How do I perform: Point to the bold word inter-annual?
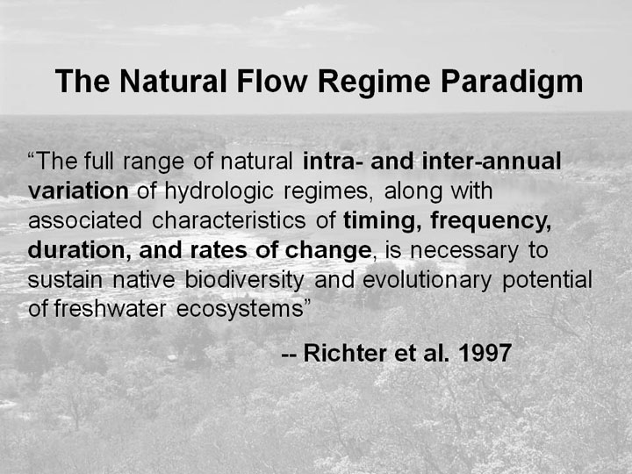(492, 161)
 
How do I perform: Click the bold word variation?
(78, 190)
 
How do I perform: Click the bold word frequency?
(491, 221)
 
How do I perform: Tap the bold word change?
(327, 251)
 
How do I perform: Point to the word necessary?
(464, 251)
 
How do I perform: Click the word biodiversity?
(245, 280)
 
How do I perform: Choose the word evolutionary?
(427, 280)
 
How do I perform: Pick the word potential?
(548, 280)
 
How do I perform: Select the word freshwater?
(110, 309)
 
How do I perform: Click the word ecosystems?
(240, 310)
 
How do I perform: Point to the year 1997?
(485, 353)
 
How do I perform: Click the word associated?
(85, 220)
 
